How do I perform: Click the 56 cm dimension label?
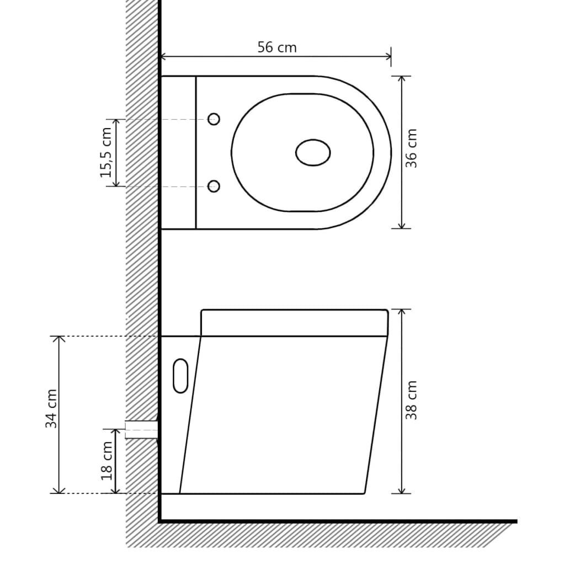click(277, 47)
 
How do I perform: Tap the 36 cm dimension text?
click(411, 148)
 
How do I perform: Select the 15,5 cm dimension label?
click(106, 152)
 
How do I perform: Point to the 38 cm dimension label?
click(411, 400)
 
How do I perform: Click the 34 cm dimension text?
click(51, 409)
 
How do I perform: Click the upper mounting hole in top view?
click(214, 119)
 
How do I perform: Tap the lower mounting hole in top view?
click(214, 186)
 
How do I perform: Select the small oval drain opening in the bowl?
click(313, 153)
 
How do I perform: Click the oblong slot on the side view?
click(180, 376)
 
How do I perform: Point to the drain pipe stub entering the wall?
click(141, 429)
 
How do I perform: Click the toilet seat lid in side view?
click(294, 323)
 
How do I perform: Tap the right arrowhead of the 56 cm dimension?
click(389, 56)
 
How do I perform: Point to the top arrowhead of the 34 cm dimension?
click(58, 338)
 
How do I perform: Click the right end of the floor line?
click(515, 521)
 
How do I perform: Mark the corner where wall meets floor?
click(160, 520)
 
